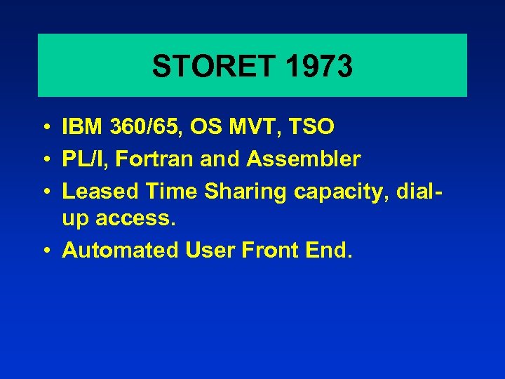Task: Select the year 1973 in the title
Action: [320, 67]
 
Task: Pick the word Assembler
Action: [303, 159]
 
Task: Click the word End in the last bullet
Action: [327, 251]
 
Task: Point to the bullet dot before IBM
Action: [44, 128]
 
